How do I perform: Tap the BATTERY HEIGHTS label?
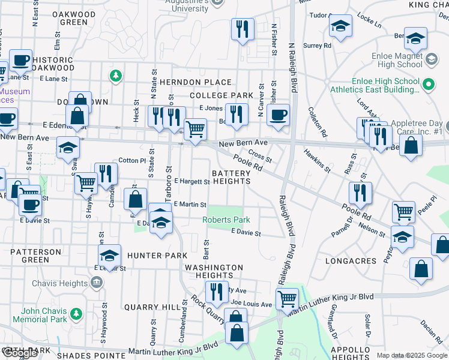[x=231, y=177]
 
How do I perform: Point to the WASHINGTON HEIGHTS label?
[x=214, y=271]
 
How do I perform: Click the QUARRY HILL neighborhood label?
[x=149, y=307]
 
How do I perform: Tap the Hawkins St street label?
[x=316, y=161]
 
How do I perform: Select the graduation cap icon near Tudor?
[x=340, y=27]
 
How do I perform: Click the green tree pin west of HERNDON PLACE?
[x=115, y=76]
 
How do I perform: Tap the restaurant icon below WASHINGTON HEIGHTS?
[x=216, y=291]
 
